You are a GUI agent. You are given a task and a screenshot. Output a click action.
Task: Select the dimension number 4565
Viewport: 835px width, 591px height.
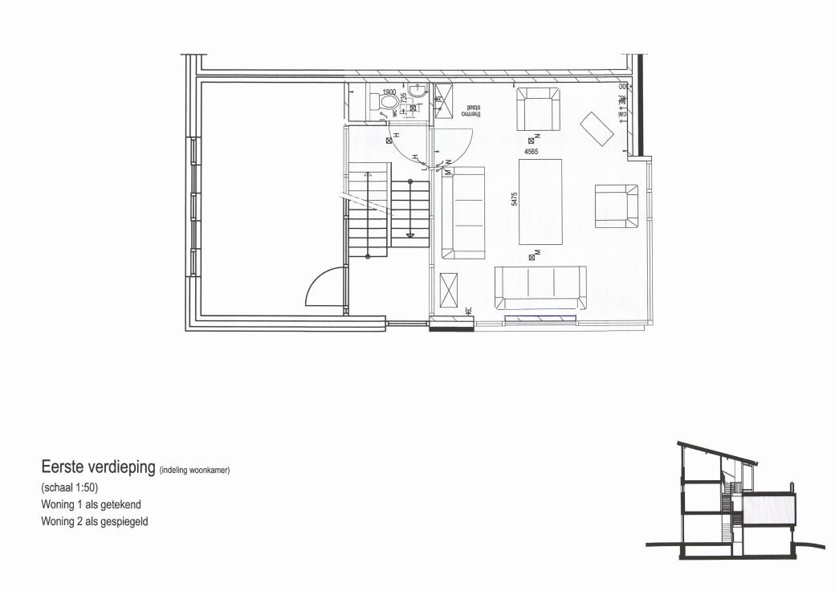[531, 151]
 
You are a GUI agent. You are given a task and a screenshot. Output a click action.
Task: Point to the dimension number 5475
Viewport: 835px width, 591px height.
[514, 200]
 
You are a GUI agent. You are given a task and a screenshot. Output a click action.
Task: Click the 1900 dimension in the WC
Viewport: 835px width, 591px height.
[389, 92]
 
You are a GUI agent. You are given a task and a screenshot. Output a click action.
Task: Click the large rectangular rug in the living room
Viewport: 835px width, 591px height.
[540, 201]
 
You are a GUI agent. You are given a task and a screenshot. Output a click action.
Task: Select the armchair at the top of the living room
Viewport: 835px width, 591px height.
[537, 109]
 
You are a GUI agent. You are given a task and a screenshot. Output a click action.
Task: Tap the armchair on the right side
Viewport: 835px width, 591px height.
[616, 206]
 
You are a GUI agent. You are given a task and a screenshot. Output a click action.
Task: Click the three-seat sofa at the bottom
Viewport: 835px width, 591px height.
[540, 287]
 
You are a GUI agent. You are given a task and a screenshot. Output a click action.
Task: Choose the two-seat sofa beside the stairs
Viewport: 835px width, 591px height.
[464, 213]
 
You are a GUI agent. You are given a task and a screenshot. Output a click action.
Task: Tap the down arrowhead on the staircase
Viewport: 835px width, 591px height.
[409, 235]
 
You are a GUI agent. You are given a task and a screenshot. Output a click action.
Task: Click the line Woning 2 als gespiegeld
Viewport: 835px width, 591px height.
[94, 521]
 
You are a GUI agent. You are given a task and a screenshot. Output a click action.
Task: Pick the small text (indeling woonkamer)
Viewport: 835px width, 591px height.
[195, 471]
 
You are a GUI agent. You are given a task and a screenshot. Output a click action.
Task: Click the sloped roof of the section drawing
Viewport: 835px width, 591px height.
[717, 451]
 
